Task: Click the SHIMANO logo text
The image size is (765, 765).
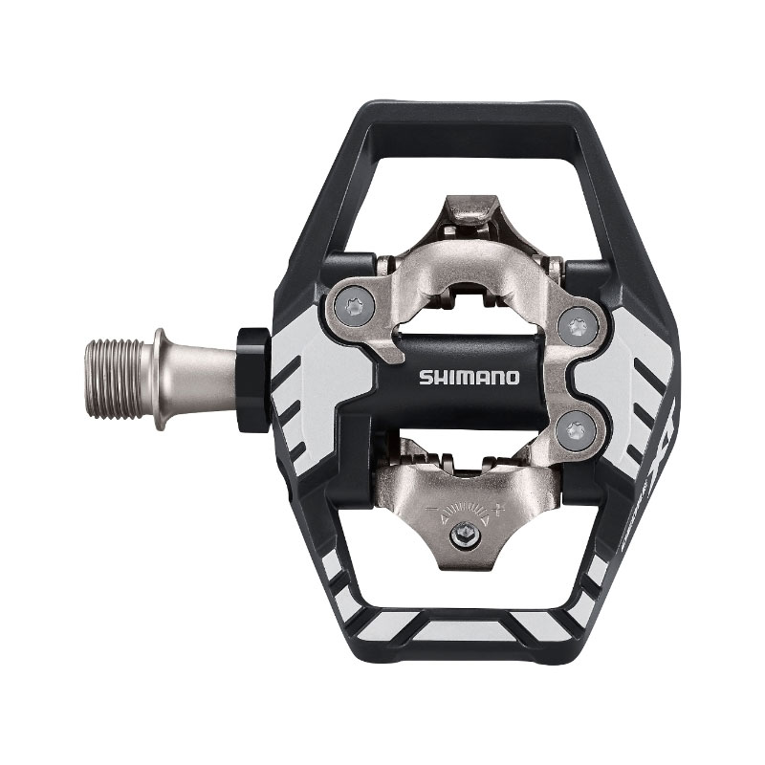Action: (468, 377)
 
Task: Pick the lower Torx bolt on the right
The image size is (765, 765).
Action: (574, 429)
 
